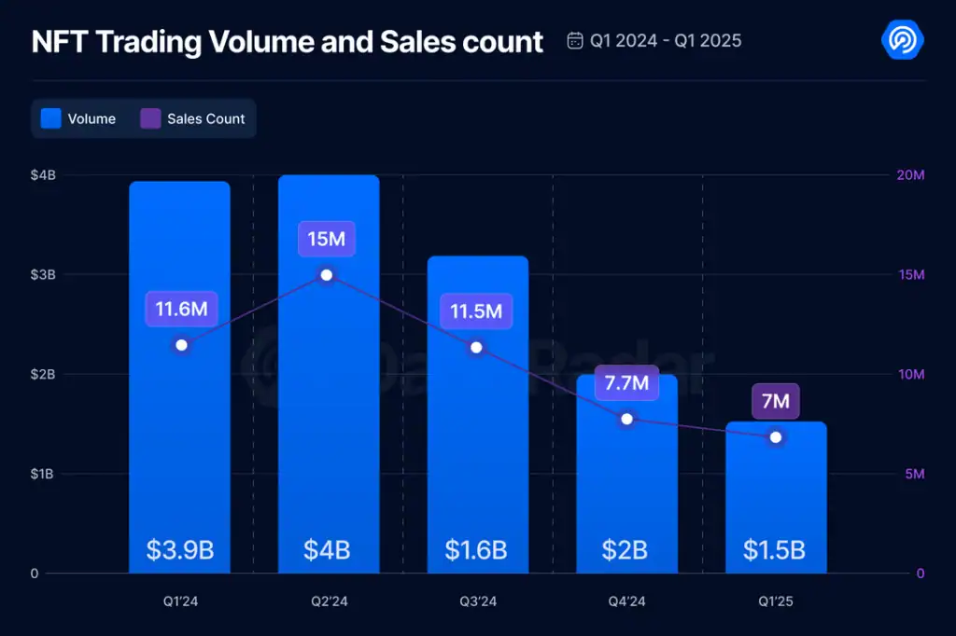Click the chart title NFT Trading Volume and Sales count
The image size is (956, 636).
point(288,42)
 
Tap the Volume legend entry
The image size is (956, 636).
point(79,119)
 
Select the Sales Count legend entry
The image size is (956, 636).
point(193,119)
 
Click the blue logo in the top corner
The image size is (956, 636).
point(903,41)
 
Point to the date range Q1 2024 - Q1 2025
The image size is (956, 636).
point(654,41)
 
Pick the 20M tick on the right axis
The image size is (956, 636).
point(909,175)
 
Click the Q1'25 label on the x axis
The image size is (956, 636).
point(775,601)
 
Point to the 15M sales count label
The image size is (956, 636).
point(327,239)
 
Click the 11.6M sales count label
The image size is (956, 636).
point(181,309)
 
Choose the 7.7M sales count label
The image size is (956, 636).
point(626,381)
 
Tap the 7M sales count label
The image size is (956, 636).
point(776,402)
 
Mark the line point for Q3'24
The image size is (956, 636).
point(476,347)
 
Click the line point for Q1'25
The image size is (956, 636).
point(776,436)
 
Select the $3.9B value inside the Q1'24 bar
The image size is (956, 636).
point(180,549)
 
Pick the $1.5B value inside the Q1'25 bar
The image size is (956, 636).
point(775,549)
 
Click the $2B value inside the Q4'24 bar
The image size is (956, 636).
point(625,549)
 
